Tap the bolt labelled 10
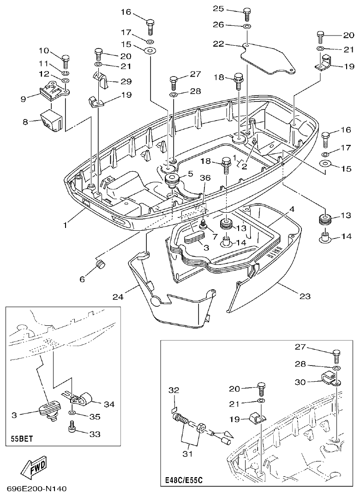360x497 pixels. [x=66, y=60]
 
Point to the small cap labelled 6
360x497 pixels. [x=100, y=265]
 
